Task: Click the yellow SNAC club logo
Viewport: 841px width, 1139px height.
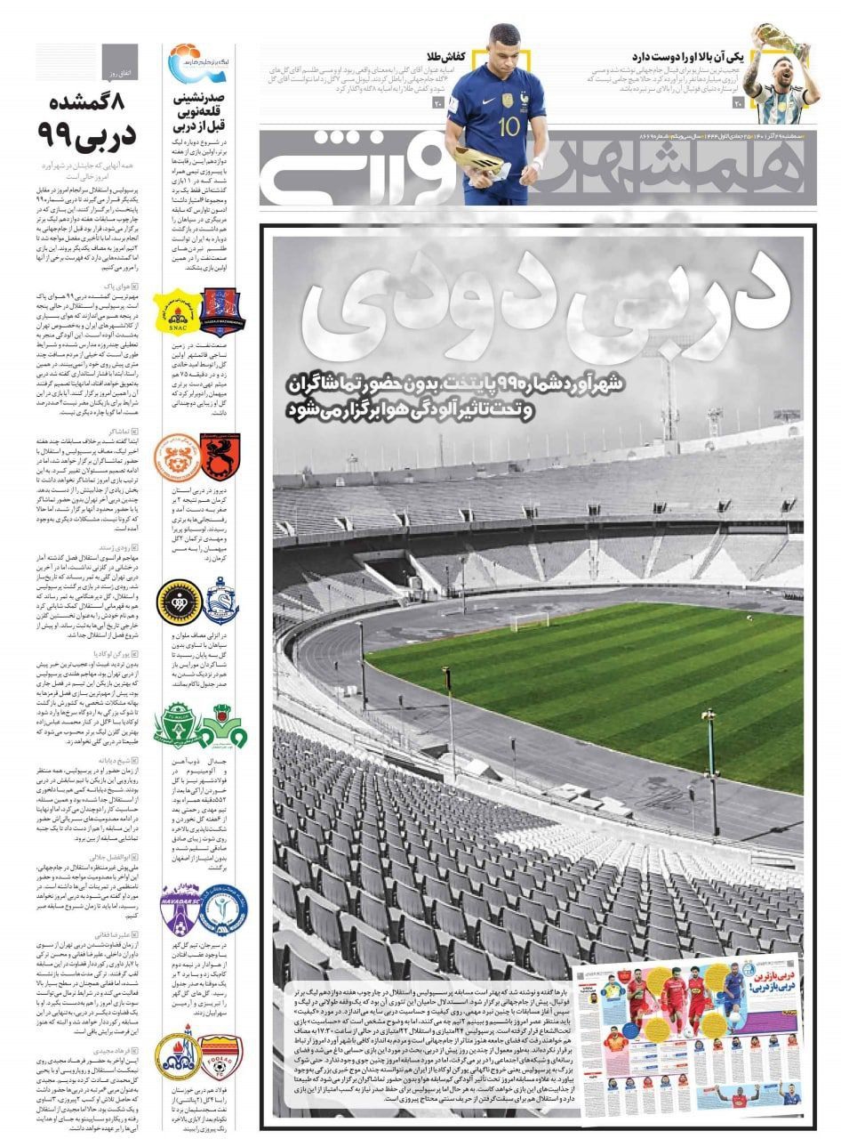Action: click(173, 312)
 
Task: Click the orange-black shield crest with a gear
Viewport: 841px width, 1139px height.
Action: click(217, 456)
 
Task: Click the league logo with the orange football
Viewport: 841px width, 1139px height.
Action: click(186, 62)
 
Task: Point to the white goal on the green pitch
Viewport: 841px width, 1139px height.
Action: click(531, 620)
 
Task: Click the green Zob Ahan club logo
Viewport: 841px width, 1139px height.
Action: click(217, 725)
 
